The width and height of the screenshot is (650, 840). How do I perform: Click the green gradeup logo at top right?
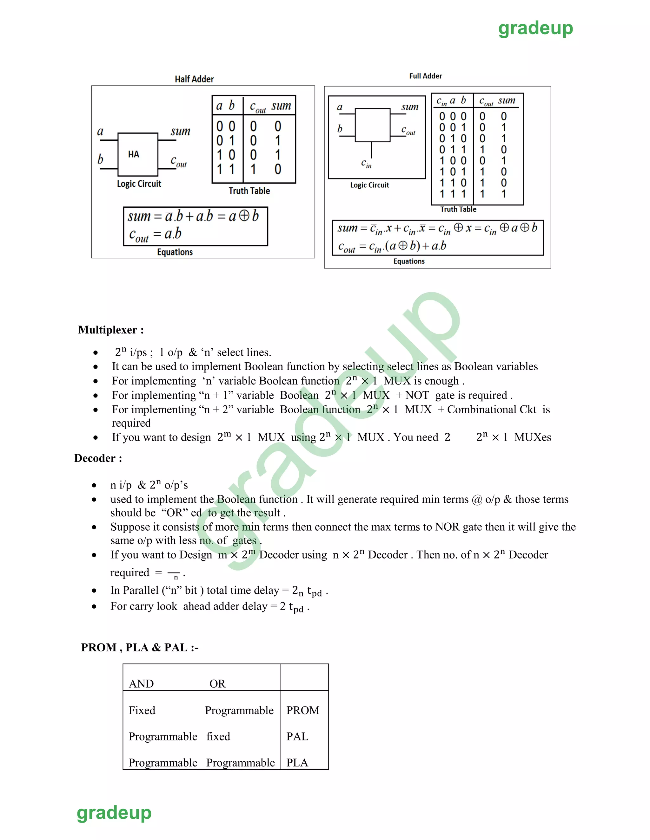pyautogui.click(x=535, y=29)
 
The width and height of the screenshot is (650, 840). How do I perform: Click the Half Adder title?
pyautogui.click(x=194, y=79)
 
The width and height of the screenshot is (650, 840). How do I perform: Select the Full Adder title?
pyautogui.click(x=426, y=76)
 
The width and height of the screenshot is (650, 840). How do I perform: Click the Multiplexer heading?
pyautogui.click(x=111, y=330)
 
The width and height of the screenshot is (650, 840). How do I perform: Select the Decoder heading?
pyautogui.click(x=98, y=458)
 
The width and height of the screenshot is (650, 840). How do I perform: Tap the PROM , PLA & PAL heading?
pyautogui.click(x=140, y=648)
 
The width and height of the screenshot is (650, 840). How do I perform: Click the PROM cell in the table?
pyautogui.click(x=303, y=710)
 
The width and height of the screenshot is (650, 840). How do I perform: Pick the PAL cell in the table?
pyautogui.click(x=297, y=737)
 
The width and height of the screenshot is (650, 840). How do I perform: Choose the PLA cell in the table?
pyautogui.click(x=297, y=763)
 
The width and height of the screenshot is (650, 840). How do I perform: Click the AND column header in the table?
pyautogui.click(x=141, y=684)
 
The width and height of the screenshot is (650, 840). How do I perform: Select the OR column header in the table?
pyautogui.click(x=217, y=684)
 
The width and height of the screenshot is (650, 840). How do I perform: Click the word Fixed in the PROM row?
pyautogui.click(x=142, y=710)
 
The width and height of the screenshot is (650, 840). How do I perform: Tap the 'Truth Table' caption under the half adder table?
pyautogui.click(x=249, y=191)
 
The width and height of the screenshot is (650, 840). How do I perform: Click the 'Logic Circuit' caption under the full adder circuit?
pyautogui.click(x=370, y=185)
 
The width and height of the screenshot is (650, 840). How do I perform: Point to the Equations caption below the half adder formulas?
pyautogui.click(x=175, y=252)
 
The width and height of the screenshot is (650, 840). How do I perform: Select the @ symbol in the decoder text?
pyautogui.click(x=477, y=500)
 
